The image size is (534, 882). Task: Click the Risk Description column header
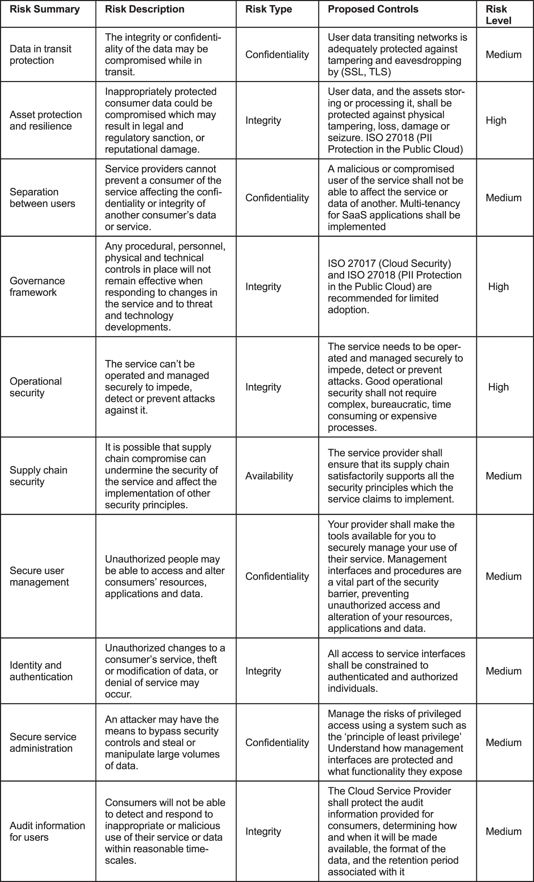click(x=144, y=9)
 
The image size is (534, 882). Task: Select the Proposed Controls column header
click(x=373, y=9)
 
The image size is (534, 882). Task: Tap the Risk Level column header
click(x=498, y=15)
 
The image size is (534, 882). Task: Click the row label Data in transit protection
click(x=41, y=54)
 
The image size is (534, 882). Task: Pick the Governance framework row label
click(x=37, y=286)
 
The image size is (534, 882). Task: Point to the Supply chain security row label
click(x=38, y=476)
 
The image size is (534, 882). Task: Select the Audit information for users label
click(x=47, y=831)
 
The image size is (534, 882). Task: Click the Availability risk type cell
click(x=269, y=476)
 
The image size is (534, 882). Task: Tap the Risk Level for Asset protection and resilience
click(x=496, y=120)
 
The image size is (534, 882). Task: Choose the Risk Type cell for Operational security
click(x=263, y=387)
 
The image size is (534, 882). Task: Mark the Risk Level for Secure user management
click(x=503, y=576)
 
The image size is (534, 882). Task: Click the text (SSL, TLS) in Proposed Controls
click(x=365, y=72)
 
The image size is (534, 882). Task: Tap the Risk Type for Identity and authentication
click(x=263, y=671)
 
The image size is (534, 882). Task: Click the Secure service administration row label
click(x=43, y=743)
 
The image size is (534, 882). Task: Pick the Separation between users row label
click(x=42, y=198)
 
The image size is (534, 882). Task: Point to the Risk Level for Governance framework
click(x=498, y=286)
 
